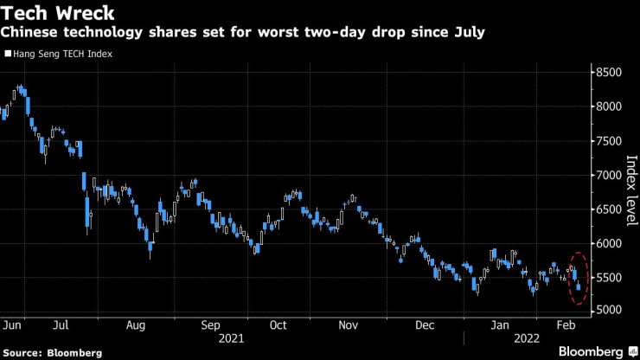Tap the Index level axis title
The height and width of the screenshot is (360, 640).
pyautogui.click(x=631, y=190)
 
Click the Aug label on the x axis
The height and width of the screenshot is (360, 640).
pyautogui.click(x=135, y=326)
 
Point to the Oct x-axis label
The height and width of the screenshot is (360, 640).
pyautogui.click(x=278, y=326)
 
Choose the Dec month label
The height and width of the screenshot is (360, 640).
pyautogui.click(x=424, y=326)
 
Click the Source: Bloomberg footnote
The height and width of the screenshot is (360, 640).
pyautogui.click(x=53, y=352)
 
